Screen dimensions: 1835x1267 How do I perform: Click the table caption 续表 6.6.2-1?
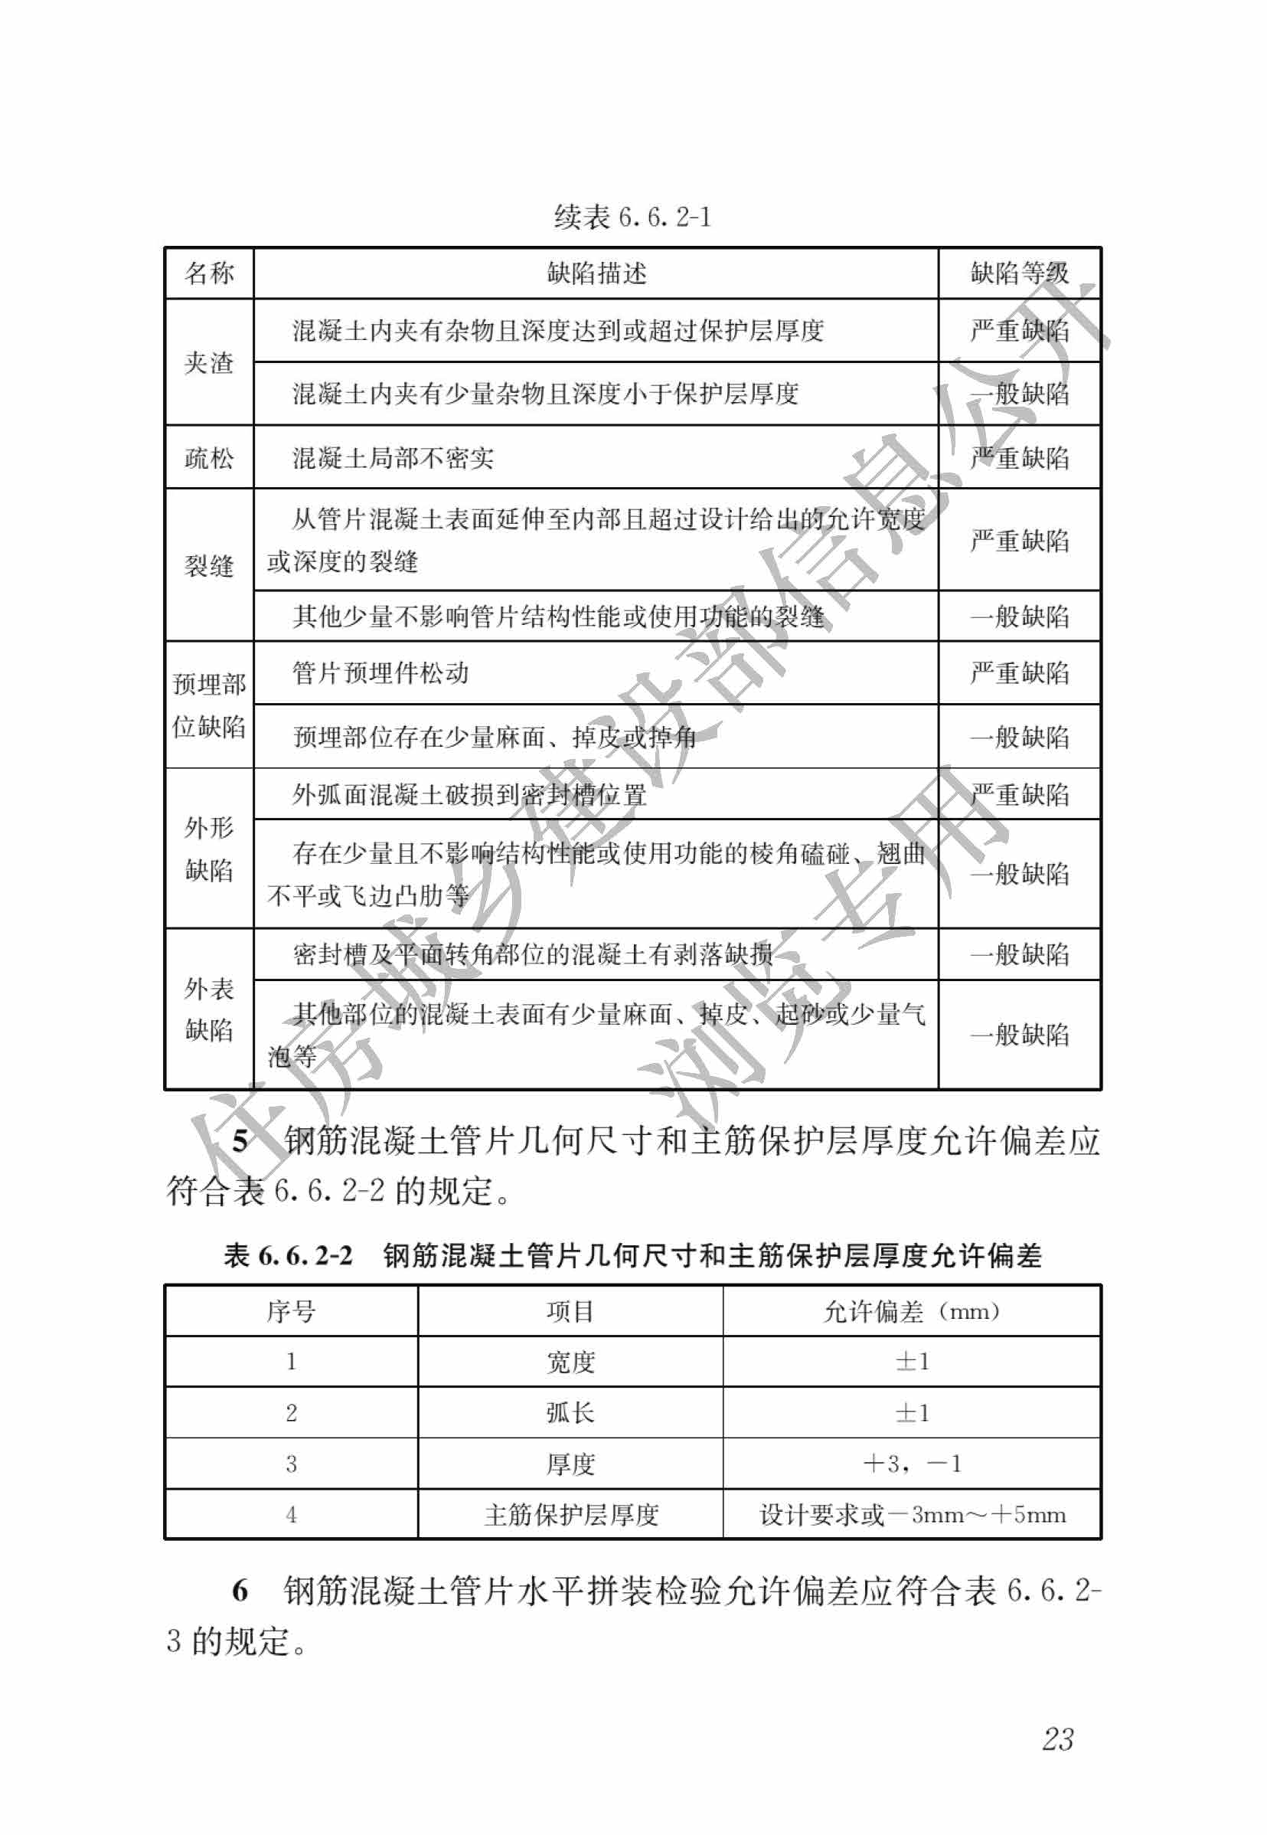[x=632, y=216]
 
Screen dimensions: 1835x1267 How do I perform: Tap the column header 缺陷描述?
[x=596, y=273]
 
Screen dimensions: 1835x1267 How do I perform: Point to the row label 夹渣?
[x=209, y=363]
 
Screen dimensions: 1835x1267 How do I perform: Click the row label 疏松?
[x=209, y=457]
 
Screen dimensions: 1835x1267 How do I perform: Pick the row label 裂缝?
[x=209, y=565]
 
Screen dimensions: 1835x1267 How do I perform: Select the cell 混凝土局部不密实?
[x=393, y=457]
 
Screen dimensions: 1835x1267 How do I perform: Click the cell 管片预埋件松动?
[x=380, y=673]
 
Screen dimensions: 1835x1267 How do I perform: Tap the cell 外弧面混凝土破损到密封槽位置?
[x=469, y=794]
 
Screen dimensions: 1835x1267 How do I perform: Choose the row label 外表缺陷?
[x=209, y=1009]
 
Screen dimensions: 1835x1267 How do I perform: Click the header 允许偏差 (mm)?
[x=911, y=1311]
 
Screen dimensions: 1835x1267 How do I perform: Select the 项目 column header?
[x=570, y=1311]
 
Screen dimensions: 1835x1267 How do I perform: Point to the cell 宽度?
[x=570, y=1362]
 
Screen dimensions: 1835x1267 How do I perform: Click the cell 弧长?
[x=570, y=1412]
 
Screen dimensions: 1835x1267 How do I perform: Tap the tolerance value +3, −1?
[x=911, y=1464]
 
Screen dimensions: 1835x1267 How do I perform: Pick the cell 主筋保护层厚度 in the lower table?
[x=571, y=1514]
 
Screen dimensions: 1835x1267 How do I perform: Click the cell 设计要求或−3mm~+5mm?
[x=912, y=1514]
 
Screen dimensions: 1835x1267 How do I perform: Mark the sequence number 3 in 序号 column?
[x=292, y=1464]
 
